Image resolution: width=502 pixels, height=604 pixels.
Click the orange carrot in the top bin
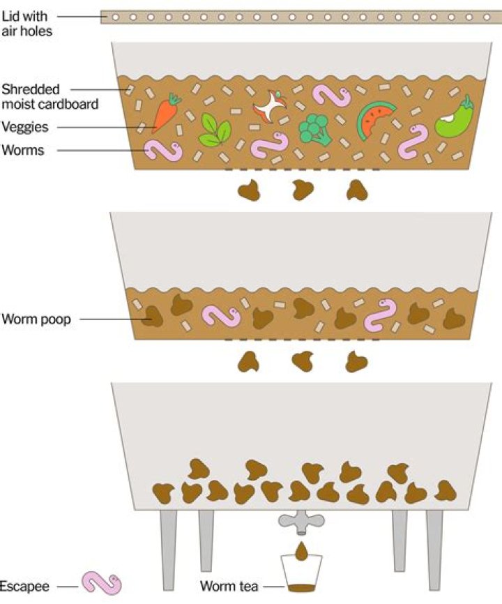pyautogui.click(x=166, y=114)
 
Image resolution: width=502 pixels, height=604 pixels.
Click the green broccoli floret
pyautogui.click(x=314, y=128)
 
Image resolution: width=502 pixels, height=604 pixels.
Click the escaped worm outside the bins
pyautogui.click(x=102, y=583)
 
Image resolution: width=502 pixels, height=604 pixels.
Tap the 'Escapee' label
pyautogui.click(x=24, y=585)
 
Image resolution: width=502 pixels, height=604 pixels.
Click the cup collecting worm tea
pyautogui.click(x=301, y=575)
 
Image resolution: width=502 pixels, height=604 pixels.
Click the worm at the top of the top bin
pyautogui.click(x=331, y=97)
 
